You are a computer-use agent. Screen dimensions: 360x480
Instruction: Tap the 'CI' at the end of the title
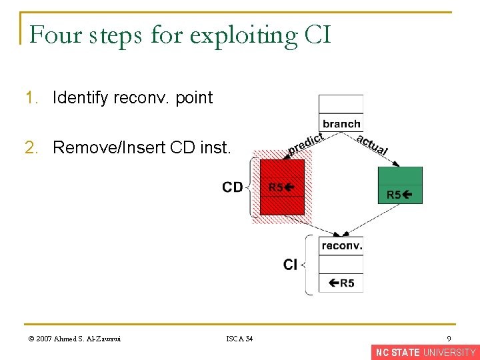pos(317,35)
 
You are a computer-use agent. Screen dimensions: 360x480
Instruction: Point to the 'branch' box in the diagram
pos(341,123)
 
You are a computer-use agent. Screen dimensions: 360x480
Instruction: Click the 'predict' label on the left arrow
pos(305,143)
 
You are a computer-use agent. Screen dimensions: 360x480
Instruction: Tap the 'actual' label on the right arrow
pos(372,145)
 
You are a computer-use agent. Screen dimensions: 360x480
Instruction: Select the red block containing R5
pos(282,187)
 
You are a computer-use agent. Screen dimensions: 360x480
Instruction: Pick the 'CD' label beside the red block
pos(233,187)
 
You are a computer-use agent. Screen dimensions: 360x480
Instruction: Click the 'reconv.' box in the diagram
pos(341,246)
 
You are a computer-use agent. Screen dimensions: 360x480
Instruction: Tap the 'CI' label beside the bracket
pos(290,265)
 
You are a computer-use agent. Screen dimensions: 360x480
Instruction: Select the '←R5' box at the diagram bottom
pos(341,283)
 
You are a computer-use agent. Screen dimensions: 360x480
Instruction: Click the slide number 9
pos(449,339)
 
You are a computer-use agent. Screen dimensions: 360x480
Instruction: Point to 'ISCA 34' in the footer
pos(239,339)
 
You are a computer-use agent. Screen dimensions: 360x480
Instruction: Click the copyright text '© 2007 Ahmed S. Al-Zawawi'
pos(75,339)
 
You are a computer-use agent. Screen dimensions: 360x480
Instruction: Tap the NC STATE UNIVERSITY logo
pos(425,353)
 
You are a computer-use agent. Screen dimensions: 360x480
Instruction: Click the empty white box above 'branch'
pos(341,104)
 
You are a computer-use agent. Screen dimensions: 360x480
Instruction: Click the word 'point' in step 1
pos(195,98)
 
